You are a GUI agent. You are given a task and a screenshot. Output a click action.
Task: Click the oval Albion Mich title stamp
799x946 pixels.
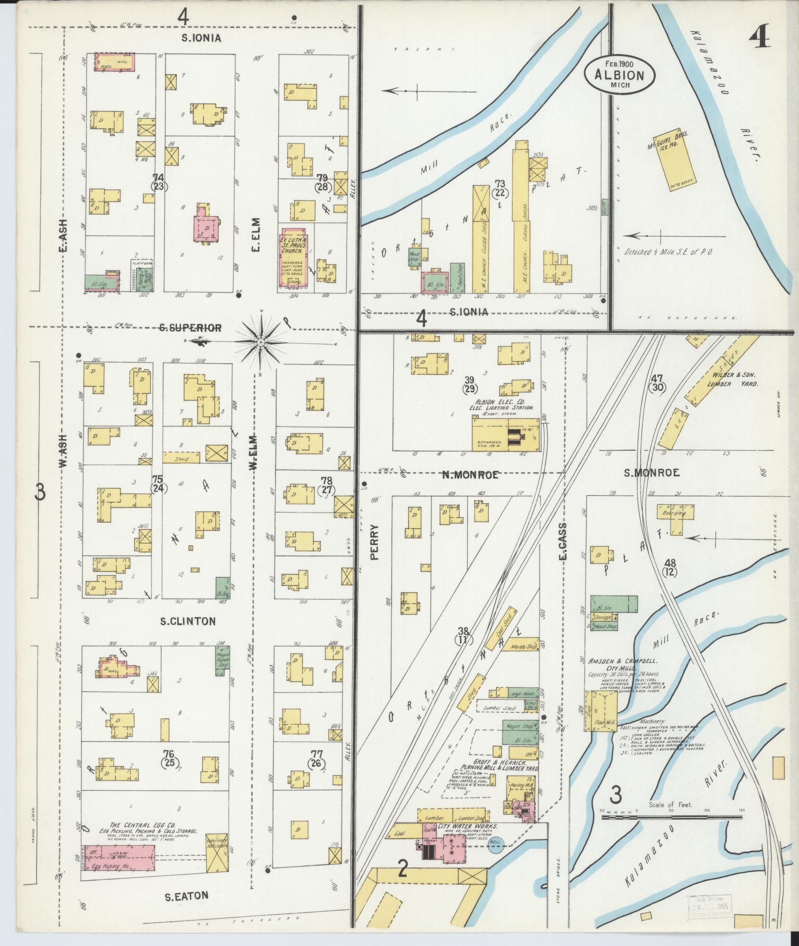[x=619, y=73]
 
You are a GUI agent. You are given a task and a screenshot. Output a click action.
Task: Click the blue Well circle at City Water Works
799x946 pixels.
[x=496, y=842]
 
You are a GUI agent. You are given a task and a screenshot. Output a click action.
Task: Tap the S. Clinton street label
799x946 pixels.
[x=187, y=621]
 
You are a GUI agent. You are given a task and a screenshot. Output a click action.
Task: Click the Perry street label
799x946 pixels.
[x=375, y=542]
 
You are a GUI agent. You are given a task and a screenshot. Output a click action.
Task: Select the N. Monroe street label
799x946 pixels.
[x=471, y=474]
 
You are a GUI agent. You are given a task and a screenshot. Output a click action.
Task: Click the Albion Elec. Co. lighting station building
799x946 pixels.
[x=506, y=432]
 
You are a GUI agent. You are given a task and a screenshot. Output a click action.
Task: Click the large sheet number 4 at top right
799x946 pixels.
[x=759, y=34]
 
